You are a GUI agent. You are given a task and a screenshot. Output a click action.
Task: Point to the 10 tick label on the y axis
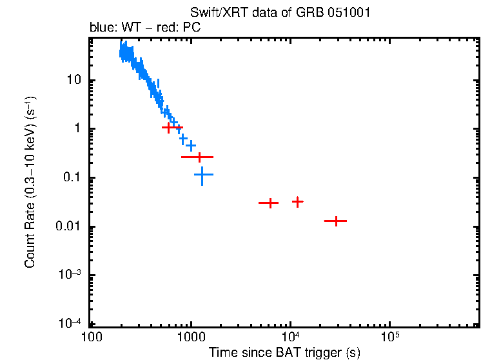coord(75,80)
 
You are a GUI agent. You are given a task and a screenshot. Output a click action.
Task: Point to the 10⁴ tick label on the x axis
coord(290,337)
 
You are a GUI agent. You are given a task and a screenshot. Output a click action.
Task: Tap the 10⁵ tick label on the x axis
coord(390,337)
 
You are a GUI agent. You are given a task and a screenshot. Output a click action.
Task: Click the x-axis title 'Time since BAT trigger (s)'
coord(284,352)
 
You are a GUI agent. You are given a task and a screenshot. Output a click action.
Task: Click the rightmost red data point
coord(335,221)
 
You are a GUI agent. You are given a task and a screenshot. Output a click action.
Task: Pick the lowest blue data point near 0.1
coord(203,175)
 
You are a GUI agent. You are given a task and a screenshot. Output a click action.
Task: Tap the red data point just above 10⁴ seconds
coord(297,202)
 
